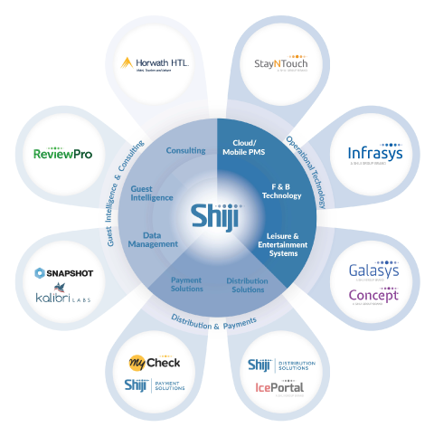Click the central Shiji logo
[x=215, y=214]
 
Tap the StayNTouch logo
[x=278, y=64]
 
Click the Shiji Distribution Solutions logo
[x=281, y=365]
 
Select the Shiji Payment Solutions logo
[x=155, y=385]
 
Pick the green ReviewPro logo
[x=62, y=154]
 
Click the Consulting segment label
[x=184, y=150]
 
